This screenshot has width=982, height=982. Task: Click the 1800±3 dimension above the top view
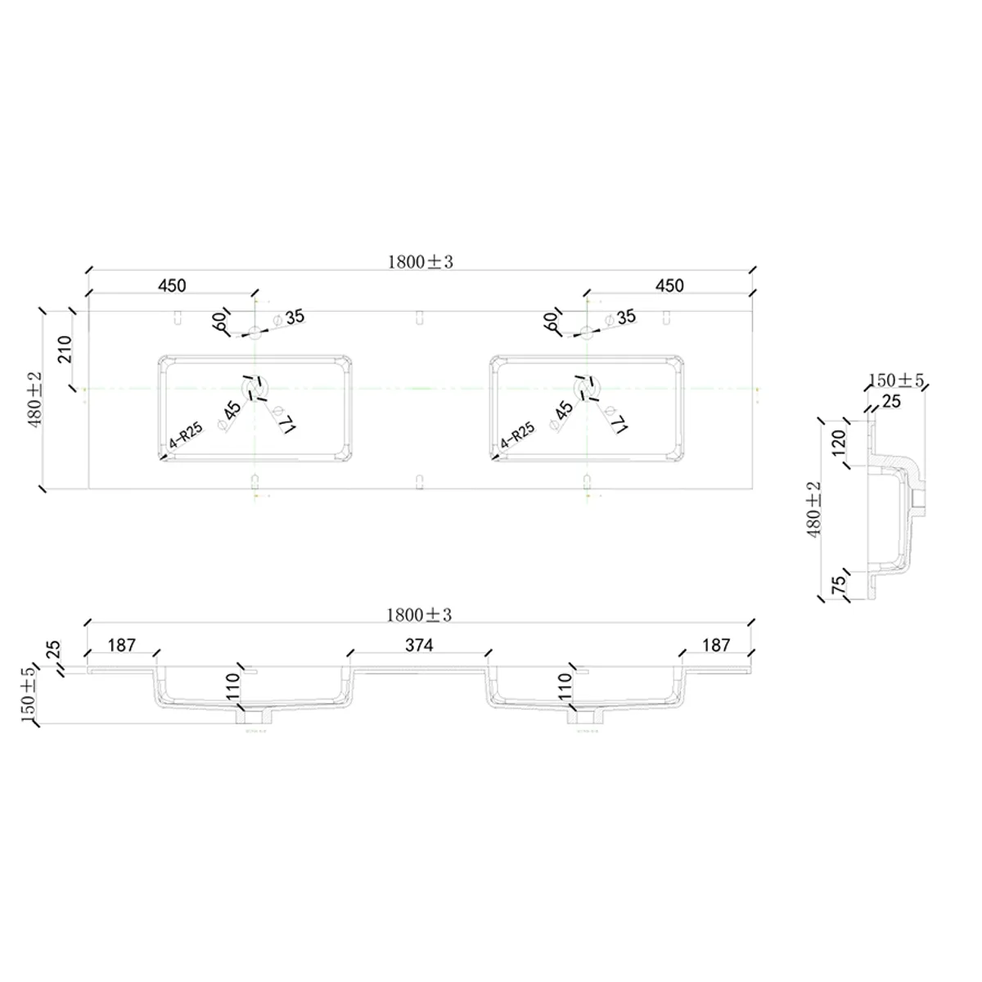420,262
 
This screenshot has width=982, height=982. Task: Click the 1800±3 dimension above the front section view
420,615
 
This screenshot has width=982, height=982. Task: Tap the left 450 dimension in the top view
172,286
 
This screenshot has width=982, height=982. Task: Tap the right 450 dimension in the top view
669,286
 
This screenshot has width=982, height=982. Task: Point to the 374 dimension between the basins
419,646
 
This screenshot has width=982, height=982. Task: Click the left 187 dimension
121,646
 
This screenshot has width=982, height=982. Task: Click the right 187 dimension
715,646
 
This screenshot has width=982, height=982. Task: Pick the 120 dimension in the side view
838,444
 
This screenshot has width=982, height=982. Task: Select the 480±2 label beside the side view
813,509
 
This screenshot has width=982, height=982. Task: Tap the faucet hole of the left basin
255,332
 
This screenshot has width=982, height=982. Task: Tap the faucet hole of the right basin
587,332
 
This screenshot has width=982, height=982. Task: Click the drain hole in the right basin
585,386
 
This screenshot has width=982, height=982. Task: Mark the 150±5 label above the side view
895,381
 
